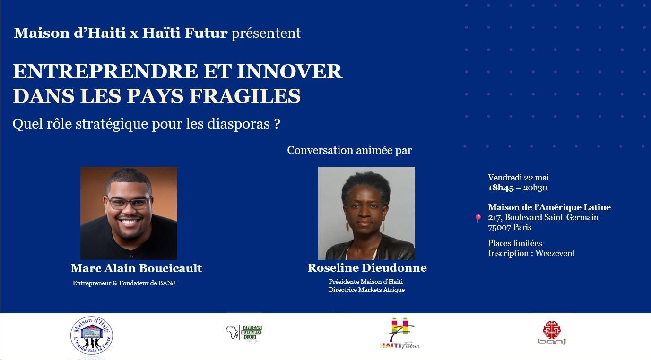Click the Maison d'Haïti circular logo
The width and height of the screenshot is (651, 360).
click(92, 335)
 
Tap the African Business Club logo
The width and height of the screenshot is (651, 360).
click(244, 333)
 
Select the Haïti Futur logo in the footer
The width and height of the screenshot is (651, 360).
click(400, 333)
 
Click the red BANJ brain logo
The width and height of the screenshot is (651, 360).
click(552, 333)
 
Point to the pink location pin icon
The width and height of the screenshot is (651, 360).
click(478, 218)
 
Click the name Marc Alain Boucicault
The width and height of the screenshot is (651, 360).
click(136, 268)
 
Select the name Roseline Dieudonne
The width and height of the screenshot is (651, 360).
click(367, 268)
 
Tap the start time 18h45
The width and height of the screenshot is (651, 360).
click(501, 188)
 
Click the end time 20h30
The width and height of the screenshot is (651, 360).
click(535, 188)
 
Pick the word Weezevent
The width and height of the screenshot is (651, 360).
click(555, 253)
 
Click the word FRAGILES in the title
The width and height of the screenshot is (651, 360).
click(245, 96)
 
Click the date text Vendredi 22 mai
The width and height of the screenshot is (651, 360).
click(519, 177)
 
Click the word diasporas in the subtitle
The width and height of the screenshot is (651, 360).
click(238, 124)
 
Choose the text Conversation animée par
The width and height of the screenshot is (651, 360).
click(349, 150)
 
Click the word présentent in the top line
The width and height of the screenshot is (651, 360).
click(266, 33)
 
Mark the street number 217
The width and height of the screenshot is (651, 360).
click(495, 217)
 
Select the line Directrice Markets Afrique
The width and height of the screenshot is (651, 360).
click(366, 290)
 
